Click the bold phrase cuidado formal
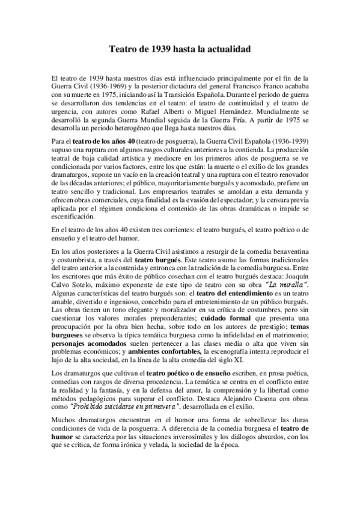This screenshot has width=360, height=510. (x=225, y=317)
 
